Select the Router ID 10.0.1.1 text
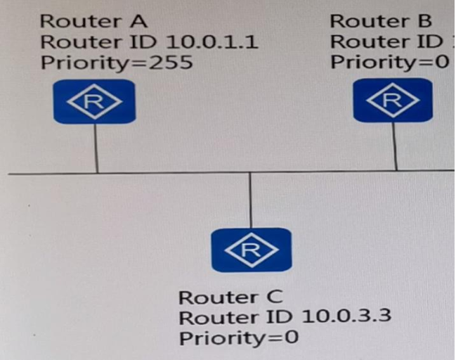click(x=149, y=41)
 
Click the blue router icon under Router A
click(x=94, y=102)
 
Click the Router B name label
click(x=380, y=21)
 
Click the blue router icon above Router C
click(x=251, y=250)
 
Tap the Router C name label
click(x=230, y=297)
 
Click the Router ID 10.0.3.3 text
click(x=285, y=316)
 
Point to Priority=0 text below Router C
click(x=239, y=337)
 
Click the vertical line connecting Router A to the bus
click(x=96, y=148)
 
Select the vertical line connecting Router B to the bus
click(x=395, y=146)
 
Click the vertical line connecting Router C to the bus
click(x=251, y=200)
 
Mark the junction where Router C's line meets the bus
click(x=251, y=172)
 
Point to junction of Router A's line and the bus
click(x=96, y=172)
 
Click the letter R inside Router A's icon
click(x=94, y=102)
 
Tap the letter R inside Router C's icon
click(x=251, y=250)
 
